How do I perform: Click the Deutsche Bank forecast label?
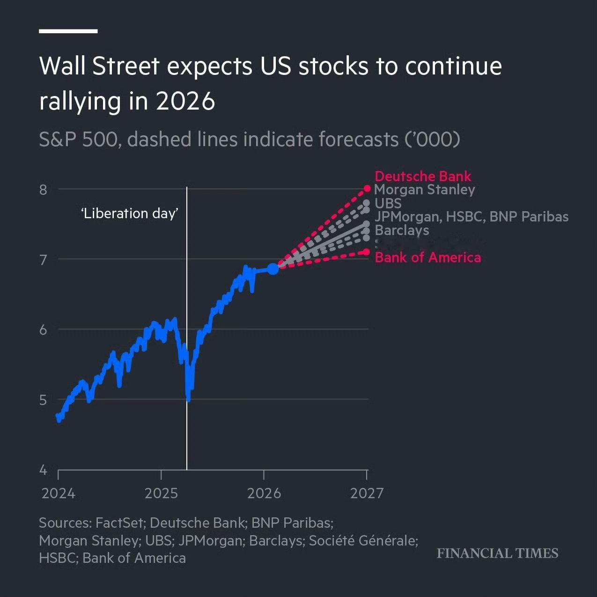423,176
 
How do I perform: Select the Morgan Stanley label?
425,190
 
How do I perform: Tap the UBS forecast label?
388,203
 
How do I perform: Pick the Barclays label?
402,230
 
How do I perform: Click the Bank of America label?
427,258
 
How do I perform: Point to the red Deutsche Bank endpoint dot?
367,189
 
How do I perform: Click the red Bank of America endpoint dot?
367,252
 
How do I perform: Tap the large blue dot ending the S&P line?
273,269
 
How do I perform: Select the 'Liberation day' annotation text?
130,214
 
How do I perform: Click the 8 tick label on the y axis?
44,190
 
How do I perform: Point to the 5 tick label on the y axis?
44,400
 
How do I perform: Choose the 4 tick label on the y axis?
44,470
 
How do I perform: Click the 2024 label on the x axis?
58,494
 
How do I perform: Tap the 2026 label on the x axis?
264,494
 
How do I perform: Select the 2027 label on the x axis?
367,494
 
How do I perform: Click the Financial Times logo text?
497,553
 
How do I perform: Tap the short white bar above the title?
68,31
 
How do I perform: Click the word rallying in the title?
80,101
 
